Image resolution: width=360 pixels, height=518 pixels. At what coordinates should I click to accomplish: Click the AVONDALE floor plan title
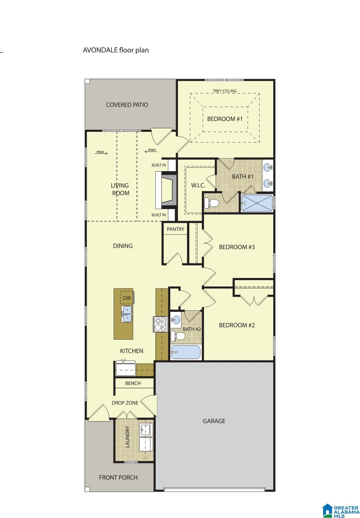point(116,50)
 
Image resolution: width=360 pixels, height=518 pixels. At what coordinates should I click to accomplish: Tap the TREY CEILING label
point(225,91)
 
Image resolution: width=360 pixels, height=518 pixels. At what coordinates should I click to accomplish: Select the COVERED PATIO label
point(127,105)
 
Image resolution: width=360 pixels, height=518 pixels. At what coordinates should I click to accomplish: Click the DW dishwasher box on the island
point(127,298)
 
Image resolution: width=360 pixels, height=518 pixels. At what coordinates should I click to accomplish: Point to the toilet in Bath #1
point(212,202)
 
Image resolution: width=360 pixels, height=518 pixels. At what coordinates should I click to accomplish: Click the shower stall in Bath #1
point(257,203)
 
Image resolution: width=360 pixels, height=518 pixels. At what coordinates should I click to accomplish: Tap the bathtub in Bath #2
point(185,352)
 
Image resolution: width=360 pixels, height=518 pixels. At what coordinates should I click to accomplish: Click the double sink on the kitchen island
point(126,313)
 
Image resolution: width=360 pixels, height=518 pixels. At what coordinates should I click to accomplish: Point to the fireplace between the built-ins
point(167,190)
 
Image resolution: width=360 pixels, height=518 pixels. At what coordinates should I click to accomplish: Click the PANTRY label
point(175,229)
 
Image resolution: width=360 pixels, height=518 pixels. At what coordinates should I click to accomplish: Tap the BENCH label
point(133,383)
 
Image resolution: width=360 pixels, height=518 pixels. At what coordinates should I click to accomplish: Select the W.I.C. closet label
point(198,185)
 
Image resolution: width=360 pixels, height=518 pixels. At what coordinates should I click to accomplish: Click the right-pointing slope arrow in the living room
point(102,152)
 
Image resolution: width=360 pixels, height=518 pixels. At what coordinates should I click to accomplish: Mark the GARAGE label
point(214,421)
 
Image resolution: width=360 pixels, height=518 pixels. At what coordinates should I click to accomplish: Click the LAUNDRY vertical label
point(127,437)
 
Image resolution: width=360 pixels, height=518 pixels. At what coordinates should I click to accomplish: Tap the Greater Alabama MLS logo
point(341,511)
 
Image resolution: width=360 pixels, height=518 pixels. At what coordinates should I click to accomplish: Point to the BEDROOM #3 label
point(237,247)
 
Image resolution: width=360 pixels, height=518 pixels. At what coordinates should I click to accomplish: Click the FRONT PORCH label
point(118,477)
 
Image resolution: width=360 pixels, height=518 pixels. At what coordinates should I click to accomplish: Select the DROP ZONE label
point(125,403)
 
